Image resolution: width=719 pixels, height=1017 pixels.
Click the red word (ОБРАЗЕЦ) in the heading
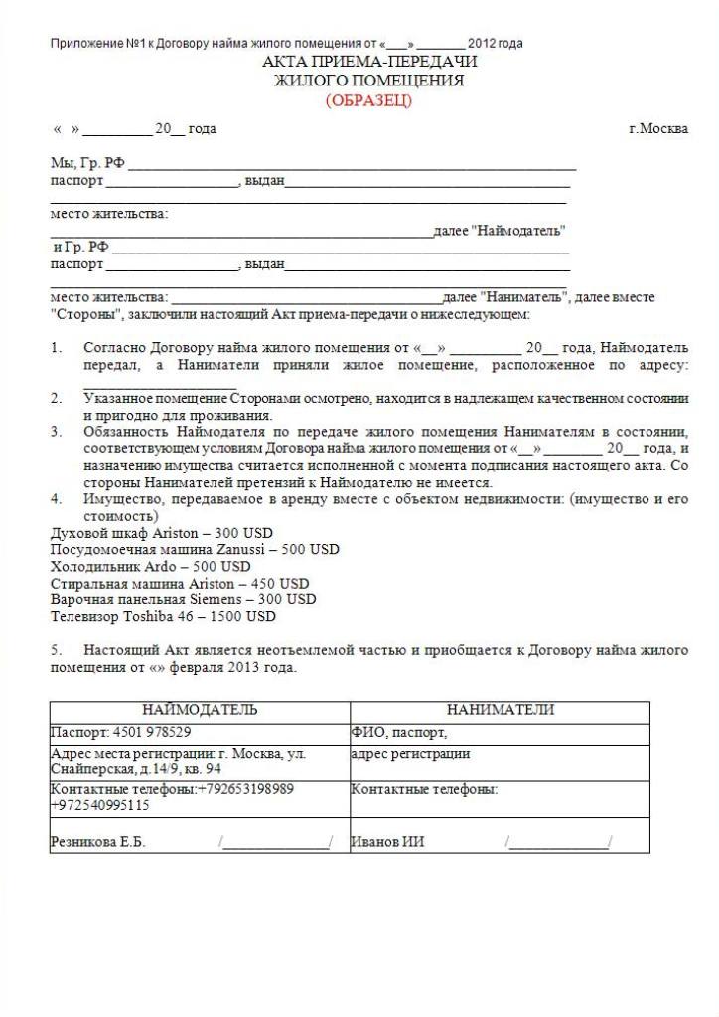point(367,100)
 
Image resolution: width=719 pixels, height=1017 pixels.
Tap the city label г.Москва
point(658,128)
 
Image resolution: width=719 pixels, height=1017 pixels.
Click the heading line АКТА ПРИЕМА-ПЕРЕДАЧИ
point(369,62)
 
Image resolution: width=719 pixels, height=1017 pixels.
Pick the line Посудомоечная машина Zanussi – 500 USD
point(195,549)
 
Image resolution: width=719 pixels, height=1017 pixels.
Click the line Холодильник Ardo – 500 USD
point(151,567)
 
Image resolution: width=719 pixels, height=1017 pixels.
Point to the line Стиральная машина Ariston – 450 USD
point(180,584)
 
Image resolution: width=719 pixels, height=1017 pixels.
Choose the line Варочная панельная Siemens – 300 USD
point(184,599)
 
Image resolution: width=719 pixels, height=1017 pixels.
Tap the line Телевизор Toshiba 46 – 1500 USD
point(163,616)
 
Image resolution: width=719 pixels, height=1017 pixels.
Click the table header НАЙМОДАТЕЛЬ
point(200,710)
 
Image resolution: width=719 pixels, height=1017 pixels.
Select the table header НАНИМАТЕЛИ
point(501,710)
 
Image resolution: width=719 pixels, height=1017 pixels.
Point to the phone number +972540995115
point(100,806)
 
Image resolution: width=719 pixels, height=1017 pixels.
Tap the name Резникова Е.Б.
point(98,842)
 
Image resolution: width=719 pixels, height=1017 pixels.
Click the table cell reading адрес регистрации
point(410,754)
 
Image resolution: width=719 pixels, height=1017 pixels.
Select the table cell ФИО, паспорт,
point(399,732)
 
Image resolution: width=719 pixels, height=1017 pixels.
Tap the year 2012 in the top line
point(481,44)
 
